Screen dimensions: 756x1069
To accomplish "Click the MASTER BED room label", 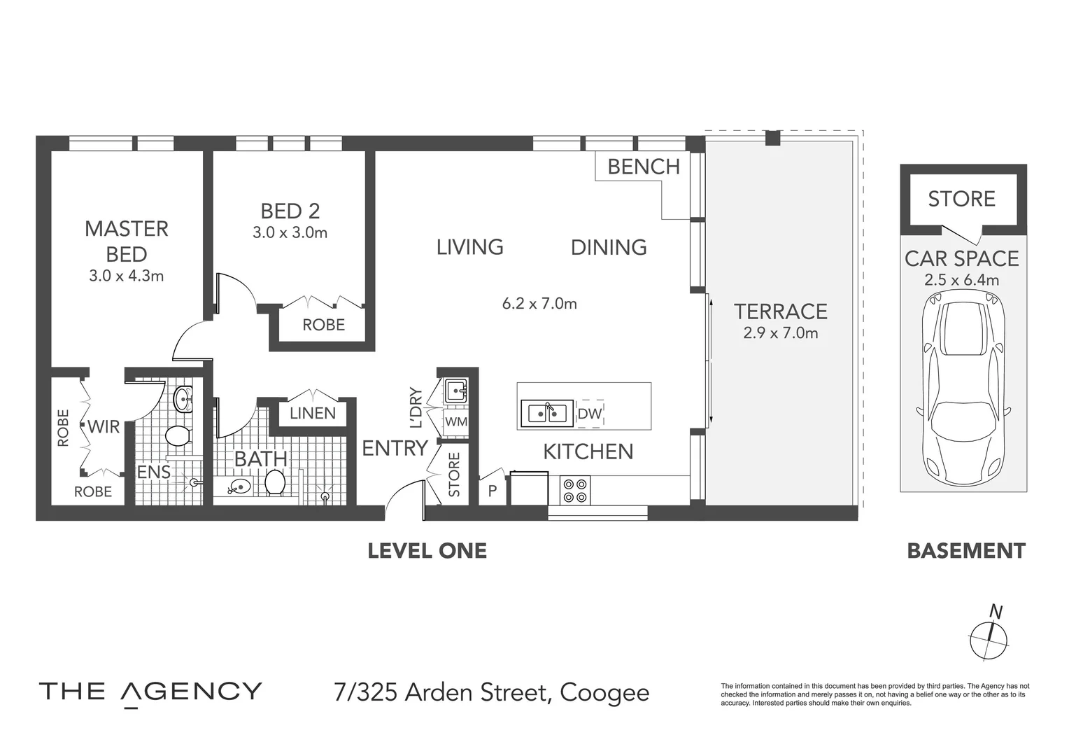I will pyautogui.click(x=127, y=241).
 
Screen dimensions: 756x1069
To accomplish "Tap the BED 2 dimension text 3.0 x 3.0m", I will pyautogui.click(x=290, y=232).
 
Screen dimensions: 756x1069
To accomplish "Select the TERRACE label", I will pyautogui.click(x=780, y=311).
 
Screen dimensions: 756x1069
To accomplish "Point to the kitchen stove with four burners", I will pyautogui.click(x=575, y=490).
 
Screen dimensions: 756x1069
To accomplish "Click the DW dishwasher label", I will pyautogui.click(x=589, y=414).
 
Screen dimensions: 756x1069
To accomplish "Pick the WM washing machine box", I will pyautogui.click(x=455, y=422).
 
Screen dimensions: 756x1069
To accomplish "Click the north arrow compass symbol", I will pyautogui.click(x=989, y=637).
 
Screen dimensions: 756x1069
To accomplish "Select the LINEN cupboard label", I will pyautogui.click(x=313, y=413).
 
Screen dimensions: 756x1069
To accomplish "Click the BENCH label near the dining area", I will pyautogui.click(x=643, y=167).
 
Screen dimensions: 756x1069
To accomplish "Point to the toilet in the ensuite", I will pyautogui.click(x=178, y=436).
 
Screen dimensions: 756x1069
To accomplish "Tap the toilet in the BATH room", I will pyautogui.click(x=274, y=482).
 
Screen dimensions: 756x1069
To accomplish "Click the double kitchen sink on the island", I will pyautogui.click(x=547, y=413).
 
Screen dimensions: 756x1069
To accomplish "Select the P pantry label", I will pyautogui.click(x=493, y=491).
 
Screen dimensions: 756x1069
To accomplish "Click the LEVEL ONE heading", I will pyautogui.click(x=427, y=551).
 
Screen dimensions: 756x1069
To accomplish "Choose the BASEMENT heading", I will pyautogui.click(x=965, y=551).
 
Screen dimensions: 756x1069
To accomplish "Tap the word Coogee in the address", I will pyautogui.click(x=604, y=693).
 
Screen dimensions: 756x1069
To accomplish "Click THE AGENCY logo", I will pyautogui.click(x=150, y=692).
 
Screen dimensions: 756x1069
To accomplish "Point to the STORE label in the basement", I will pyautogui.click(x=961, y=199).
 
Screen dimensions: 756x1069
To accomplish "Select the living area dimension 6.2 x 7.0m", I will pyautogui.click(x=539, y=304).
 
